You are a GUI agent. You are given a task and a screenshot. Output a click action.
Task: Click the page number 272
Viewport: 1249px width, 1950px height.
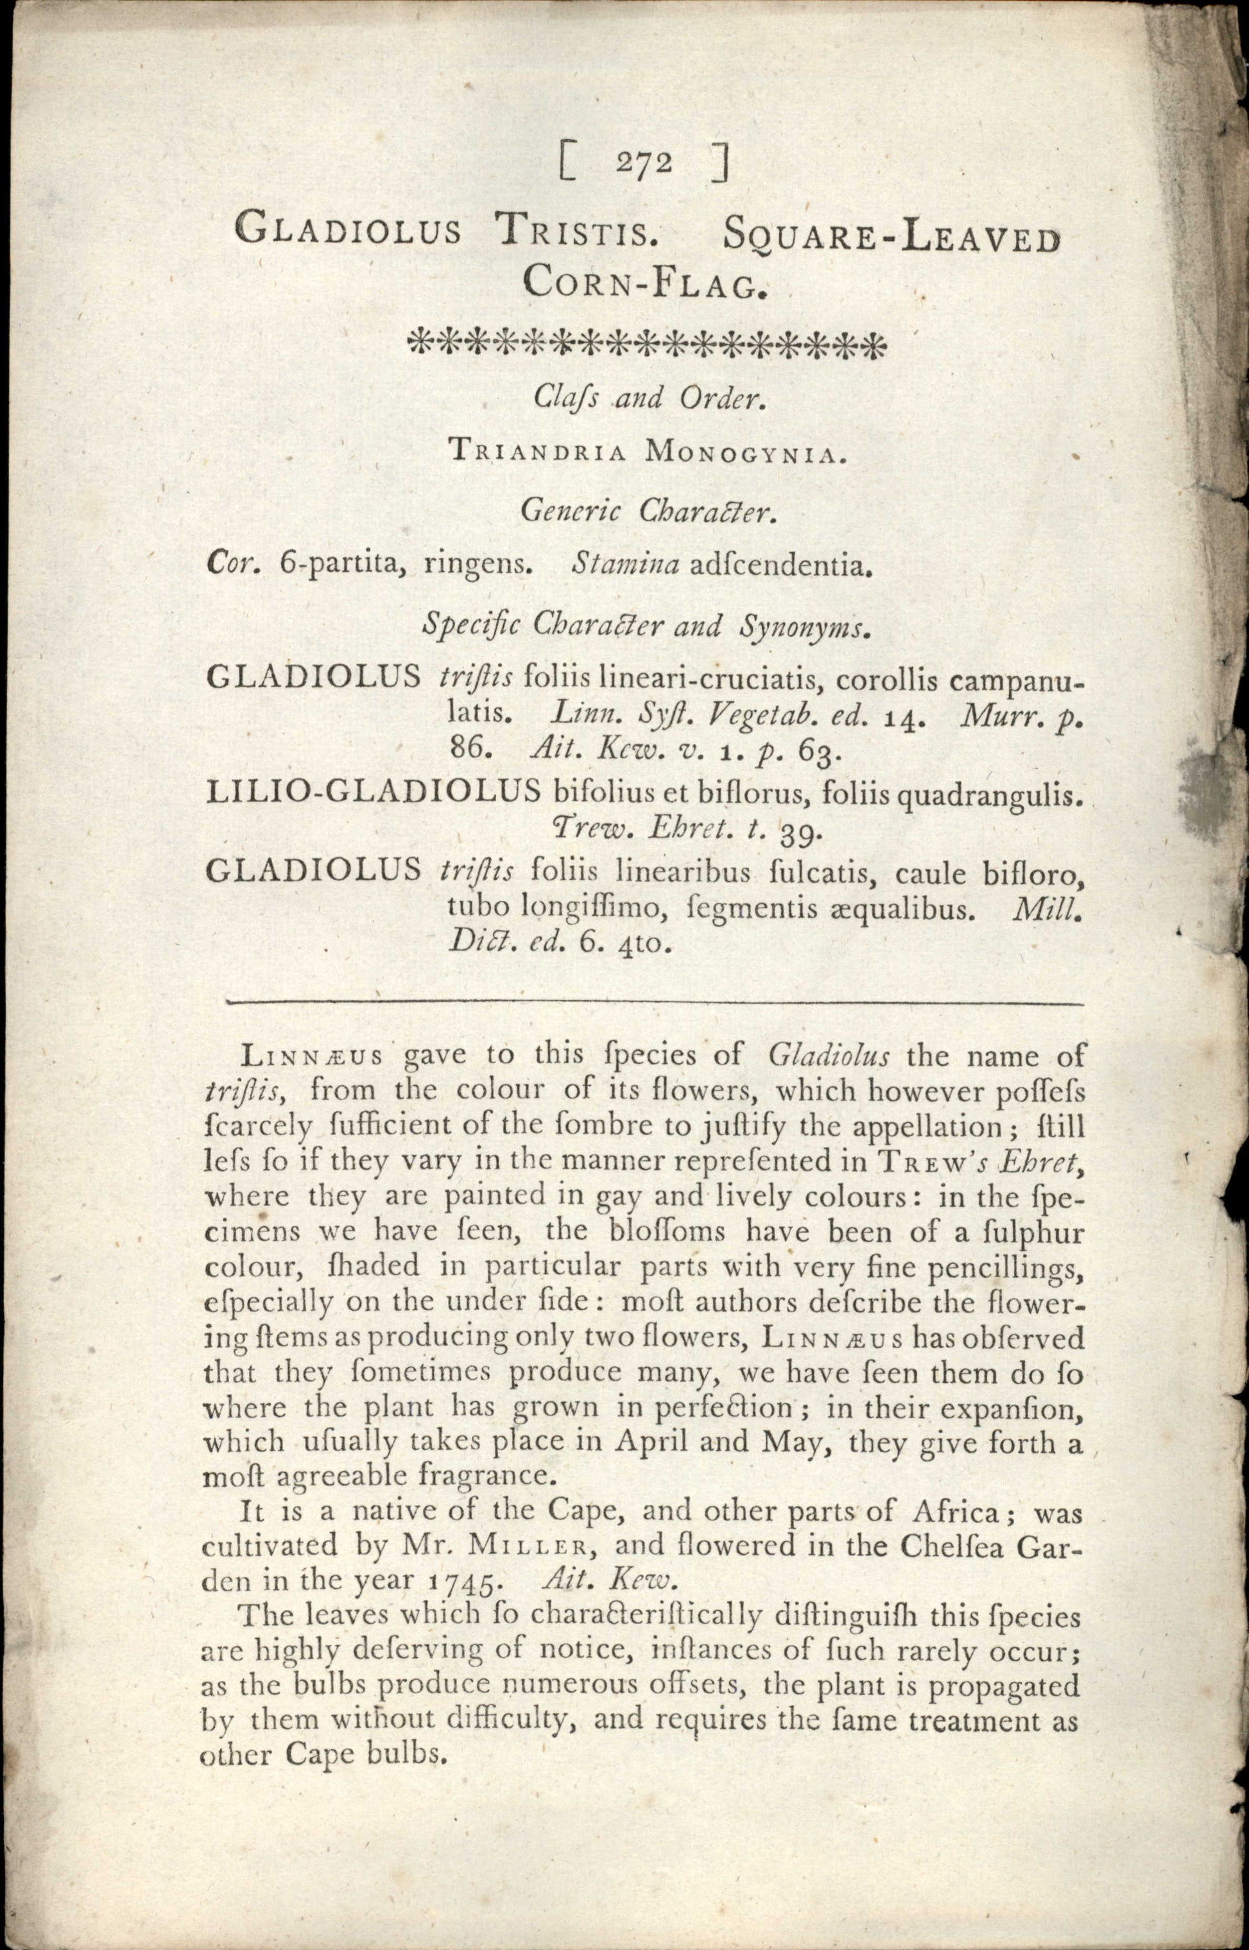[x=643, y=163]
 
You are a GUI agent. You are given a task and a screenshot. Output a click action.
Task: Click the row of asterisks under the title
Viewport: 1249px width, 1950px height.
[x=646, y=344]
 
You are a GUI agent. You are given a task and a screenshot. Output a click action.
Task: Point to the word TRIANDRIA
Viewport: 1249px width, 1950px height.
[x=537, y=453]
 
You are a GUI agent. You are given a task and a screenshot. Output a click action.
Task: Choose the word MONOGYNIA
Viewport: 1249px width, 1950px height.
[x=745, y=453]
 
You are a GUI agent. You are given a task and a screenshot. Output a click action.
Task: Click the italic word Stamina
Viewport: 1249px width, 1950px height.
[x=624, y=565]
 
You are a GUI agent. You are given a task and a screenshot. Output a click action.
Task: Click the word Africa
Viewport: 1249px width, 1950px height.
[x=956, y=1511]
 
